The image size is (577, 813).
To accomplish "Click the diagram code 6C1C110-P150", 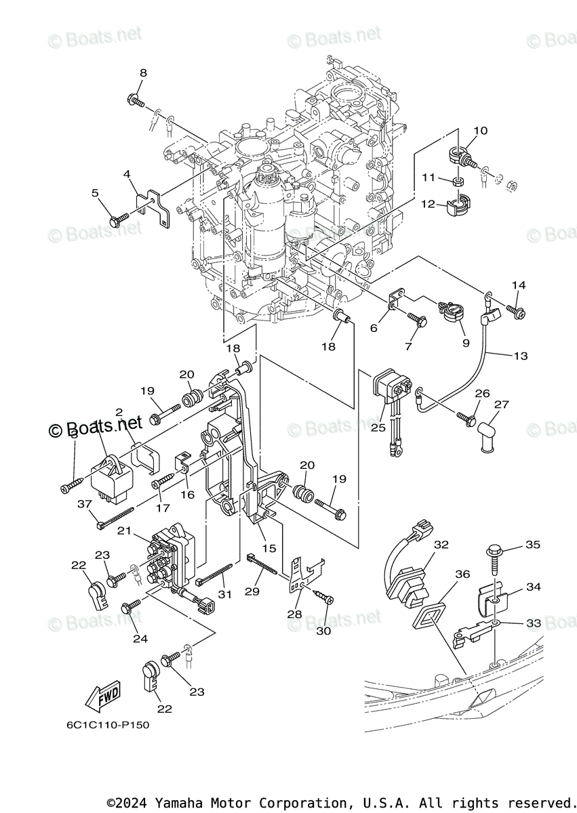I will pyautogui.click(x=108, y=725).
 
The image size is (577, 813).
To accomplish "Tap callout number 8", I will pyautogui.click(x=143, y=72).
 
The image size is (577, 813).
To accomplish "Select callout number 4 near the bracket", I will pyautogui.click(x=127, y=174).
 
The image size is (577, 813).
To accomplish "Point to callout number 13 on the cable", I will pyautogui.click(x=520, y=356).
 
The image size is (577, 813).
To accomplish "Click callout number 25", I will pyautogui.click(x=378, y=428).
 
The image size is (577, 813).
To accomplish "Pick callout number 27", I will pyautogui.click(x=501, y=405).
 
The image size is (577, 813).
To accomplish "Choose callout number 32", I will pyautogui.click(x=441, y=544).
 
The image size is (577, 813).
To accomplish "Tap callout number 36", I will pyautogui.click(x=462, y=574).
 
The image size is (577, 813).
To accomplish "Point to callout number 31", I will pyautogui.click(x=224, y=594).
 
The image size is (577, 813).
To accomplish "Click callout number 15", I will pyautogui.click(x=269, y=547).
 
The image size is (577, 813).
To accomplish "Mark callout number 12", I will pyautogui.click(x=427, y=204).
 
